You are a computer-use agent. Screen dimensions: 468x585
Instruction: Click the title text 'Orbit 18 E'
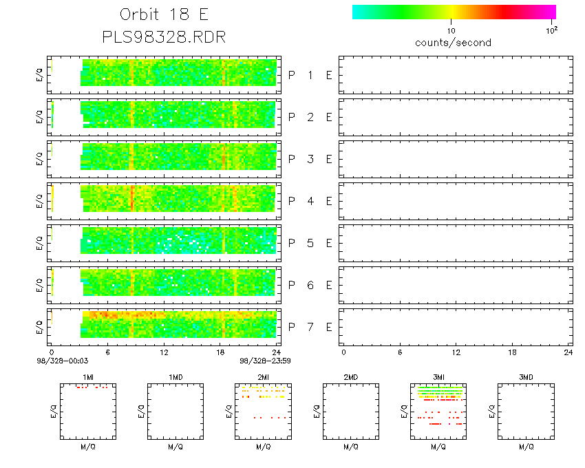(164, 15)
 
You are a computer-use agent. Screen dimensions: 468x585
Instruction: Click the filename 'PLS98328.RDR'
(164, 37)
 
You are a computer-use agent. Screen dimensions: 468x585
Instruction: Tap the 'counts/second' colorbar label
(453, 43)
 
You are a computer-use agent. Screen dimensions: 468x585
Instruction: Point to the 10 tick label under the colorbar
(451, 31)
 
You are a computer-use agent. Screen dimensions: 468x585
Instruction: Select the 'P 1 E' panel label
(310, 75)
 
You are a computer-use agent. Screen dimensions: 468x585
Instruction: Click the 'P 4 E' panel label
(310, 201)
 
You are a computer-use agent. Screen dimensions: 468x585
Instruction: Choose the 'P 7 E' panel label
(310, 326)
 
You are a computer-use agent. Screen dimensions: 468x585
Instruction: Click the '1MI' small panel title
(87, 377)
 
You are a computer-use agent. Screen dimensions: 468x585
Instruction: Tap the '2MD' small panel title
(350, 377)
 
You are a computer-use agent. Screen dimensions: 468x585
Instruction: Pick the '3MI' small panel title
(438, 377)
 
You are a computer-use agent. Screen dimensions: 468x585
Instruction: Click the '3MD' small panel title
(526, 377)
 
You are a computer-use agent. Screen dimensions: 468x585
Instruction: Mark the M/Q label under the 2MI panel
(263, 447)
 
